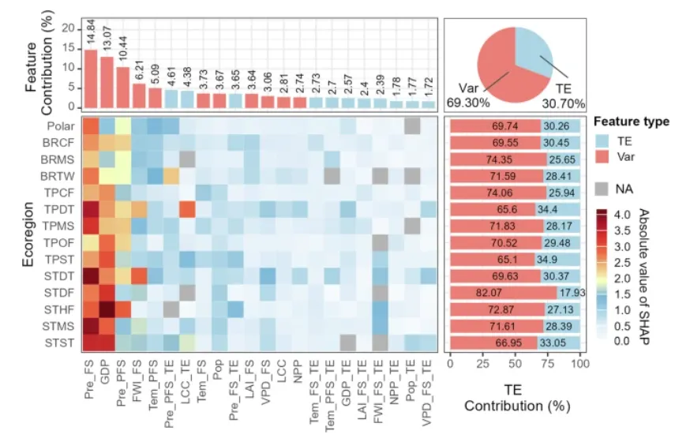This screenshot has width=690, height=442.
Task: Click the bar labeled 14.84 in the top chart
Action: tap(91, 79)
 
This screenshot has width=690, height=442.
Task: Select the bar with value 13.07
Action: tap(107, 82)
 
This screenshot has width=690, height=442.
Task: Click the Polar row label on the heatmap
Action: tap(61, 126)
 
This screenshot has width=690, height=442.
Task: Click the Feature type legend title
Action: tap(631, 122)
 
